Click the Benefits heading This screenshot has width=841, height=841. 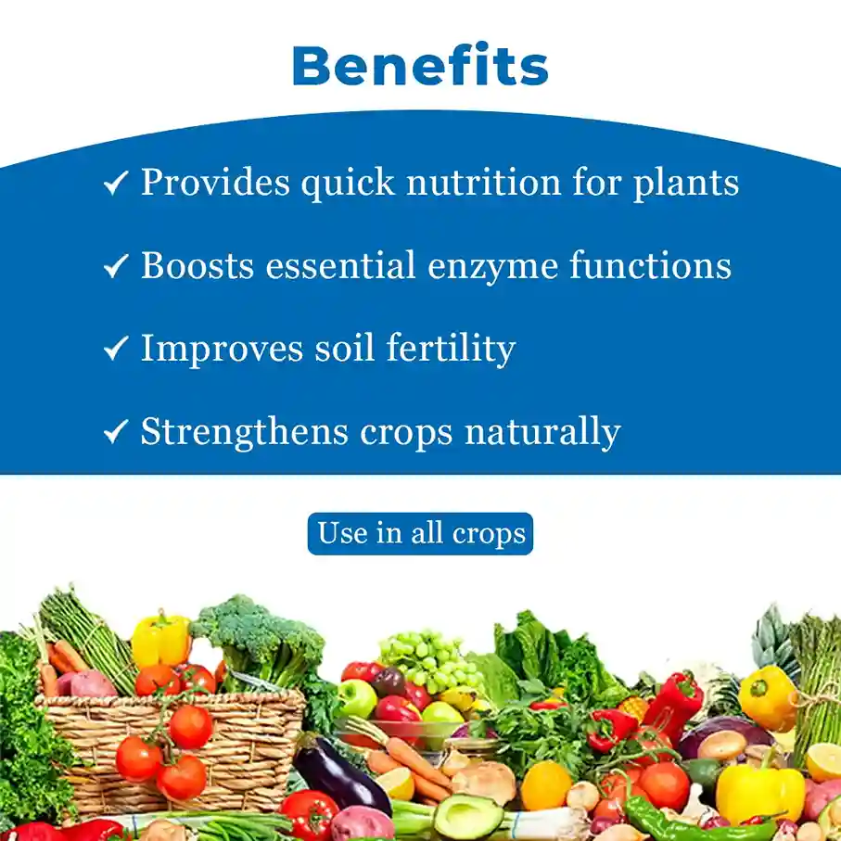(421, 66)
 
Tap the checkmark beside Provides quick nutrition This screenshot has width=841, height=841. (116, 183)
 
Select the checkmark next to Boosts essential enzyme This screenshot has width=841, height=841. (116, 265)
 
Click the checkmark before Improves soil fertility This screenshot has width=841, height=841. (116, 348)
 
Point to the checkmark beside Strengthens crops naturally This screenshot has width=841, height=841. (116, 431)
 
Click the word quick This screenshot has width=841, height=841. (348, 184)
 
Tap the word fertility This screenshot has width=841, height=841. (451, 350)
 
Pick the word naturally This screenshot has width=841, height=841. (542, 432)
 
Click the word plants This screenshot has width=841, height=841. (686, 184)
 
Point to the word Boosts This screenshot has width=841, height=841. (198, 265)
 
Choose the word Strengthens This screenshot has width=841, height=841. (245, 432)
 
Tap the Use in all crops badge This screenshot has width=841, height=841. (421, 534)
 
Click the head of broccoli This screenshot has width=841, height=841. (258, 638)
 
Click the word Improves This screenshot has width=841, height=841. (222, 350)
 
